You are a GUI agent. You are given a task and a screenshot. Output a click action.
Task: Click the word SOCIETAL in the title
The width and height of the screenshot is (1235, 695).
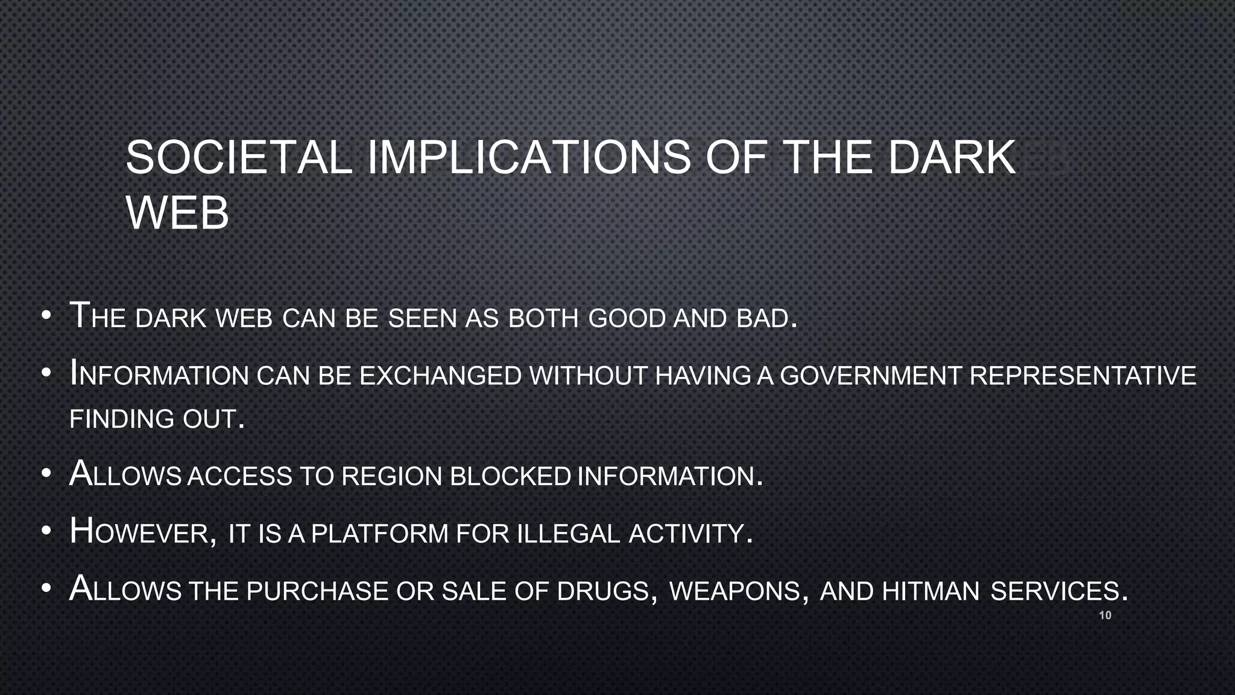[239, 157]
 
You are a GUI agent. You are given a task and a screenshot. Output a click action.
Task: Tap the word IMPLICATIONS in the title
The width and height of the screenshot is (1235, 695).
[528, 157]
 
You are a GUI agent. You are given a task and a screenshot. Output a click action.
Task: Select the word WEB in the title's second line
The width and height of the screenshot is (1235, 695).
[177, 213]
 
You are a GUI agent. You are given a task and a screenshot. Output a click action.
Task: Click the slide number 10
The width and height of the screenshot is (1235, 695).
[1105, 615]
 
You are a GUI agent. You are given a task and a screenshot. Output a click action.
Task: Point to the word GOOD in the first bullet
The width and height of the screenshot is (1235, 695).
[627, 319]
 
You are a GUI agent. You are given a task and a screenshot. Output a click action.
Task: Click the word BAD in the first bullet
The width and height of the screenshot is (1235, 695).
[763, 319]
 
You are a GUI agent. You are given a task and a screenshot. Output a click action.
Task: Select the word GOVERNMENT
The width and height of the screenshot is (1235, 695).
[870, 376]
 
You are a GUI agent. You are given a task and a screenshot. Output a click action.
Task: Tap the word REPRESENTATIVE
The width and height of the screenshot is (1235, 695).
[1082, 376]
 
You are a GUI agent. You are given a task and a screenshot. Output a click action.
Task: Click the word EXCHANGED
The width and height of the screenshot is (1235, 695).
[440, 376]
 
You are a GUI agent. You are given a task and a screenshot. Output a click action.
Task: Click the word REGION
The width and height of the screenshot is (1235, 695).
[391, 477]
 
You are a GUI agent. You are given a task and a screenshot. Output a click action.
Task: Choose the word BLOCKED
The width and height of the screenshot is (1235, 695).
[510, 477]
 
